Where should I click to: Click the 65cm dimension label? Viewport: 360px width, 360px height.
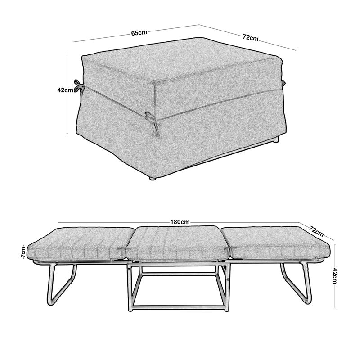(x=139, y=32)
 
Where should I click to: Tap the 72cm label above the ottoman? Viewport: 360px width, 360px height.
(x=251, y=37)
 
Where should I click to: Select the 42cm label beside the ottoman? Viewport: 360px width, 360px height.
(x=65, y=90)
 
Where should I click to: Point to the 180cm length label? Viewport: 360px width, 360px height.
(x=180, y=222)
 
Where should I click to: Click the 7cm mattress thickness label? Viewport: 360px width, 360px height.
(x=23, y=253)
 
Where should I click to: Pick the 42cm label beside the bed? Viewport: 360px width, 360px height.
(x=334, y=276)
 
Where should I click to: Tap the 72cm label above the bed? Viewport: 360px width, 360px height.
(x=316, y=231)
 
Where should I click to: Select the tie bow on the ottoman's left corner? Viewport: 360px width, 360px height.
(x=79, y=85)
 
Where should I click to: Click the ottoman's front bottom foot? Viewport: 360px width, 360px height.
(x=152, y=178)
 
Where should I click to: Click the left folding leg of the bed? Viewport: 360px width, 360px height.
(x=62, y=285)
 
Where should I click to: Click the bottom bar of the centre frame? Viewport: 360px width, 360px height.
(x=178, y=307)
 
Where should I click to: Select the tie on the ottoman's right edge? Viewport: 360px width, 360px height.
(x=283, y=84)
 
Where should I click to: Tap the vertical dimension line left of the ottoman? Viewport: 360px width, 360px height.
(x=67, y=94)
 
